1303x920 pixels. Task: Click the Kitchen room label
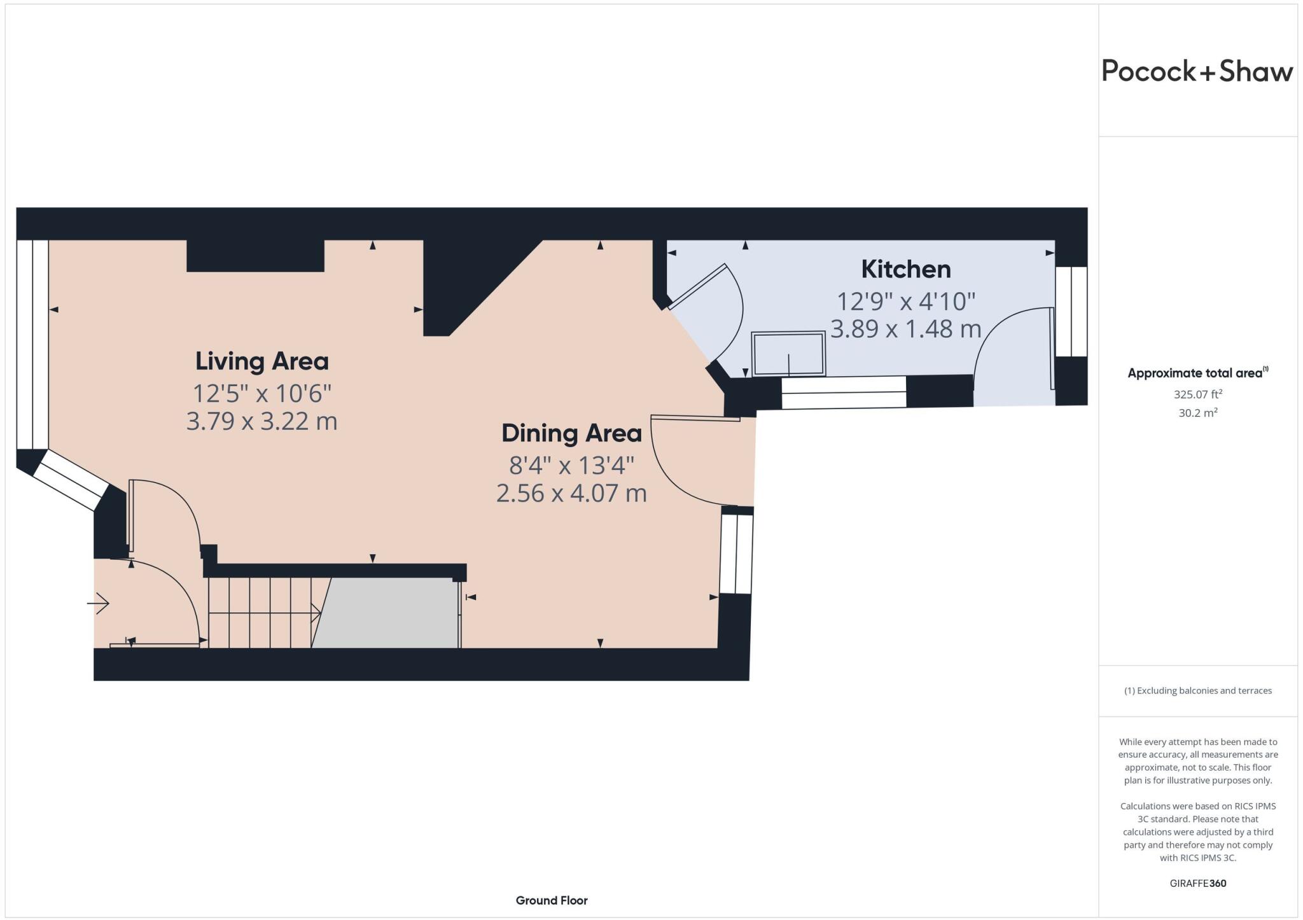(905, 270)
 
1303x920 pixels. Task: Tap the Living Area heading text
(261, 361)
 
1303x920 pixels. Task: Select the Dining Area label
(571, 433)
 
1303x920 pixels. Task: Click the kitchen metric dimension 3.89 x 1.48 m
(905, 329)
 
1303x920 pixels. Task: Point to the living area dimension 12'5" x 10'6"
(261, 393)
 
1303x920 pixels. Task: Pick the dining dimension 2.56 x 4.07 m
(571, 493)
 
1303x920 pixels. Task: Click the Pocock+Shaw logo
(1197, 71)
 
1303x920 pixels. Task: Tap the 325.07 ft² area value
(1197, 394)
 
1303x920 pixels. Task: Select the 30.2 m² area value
(1197, 413)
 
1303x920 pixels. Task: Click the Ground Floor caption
(551, 900)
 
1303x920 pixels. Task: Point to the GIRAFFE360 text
(1197, 883)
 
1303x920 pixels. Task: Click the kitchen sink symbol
(788, 354)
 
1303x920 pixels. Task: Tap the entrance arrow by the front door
(99, 603)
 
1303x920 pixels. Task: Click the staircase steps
(261, 613)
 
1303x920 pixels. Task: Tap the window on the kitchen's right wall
(1071, 311)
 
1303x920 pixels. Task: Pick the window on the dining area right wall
(736, 553)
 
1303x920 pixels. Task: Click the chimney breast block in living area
(255, 256)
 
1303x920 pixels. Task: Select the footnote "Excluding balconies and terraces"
(1197, 690)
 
